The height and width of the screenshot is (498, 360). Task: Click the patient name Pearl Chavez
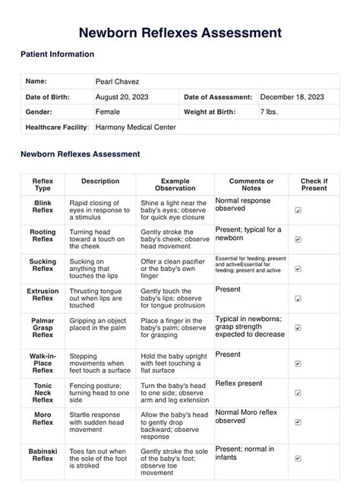click(x=118, y=81)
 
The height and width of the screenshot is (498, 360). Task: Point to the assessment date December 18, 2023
click(x=292, y=97)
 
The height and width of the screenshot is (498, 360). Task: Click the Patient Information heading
click(x=57, y=55)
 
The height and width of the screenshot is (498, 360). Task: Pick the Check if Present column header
click(x=314, y=184)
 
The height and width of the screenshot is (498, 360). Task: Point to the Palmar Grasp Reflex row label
click(x=43, y=328)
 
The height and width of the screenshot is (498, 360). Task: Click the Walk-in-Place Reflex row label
click(x=43, y=362)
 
